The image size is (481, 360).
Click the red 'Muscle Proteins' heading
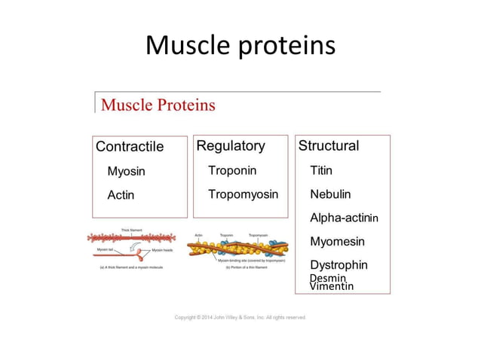coord(158,105)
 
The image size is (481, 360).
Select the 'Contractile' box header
coord(130,146)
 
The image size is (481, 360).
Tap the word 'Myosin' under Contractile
coord(126,171)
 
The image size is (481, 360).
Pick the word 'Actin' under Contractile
coord(121,195)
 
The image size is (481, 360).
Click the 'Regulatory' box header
coord(231,145)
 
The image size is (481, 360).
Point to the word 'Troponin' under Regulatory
coord(232,170)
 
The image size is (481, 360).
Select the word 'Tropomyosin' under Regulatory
coord(243,194)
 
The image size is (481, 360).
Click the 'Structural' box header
coord(329,145)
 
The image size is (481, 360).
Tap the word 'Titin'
coord(321,170)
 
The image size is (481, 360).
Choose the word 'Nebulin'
coord(330,194)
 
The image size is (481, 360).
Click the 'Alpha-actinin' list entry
coord(344,218)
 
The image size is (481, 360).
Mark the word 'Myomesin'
coord(337,242)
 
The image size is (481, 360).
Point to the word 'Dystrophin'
coord(339,265)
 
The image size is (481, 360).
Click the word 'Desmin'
coord(327,278)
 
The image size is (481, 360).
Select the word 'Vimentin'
coord(331,287)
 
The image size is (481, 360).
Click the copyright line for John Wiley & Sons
coord(240,317)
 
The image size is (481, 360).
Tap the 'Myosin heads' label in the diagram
coord(163,249)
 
